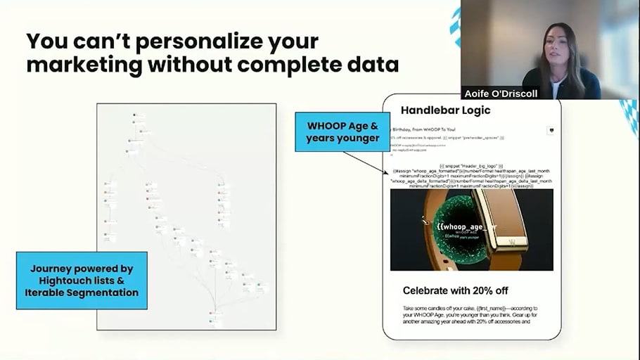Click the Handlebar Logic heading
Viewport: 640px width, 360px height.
(x=445, y=110)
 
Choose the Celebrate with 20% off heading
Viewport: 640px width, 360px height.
(x=455, y=290)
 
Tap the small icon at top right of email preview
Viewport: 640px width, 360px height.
(x=550, y=130)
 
